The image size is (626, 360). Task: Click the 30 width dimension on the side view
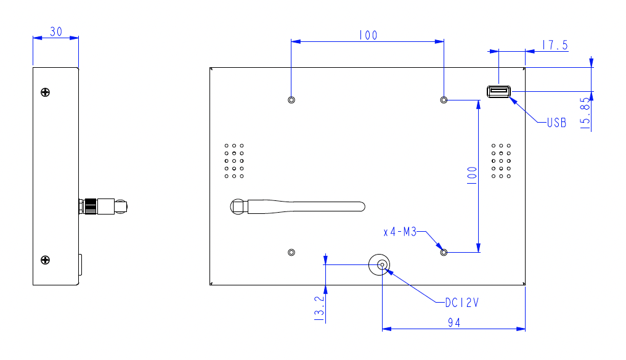point(56,31)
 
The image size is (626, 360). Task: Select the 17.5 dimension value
point(555,44)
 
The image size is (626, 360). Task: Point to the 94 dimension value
point(454,322)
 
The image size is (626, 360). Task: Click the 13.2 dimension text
point(319,306)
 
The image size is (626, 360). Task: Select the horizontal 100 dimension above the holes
point(367,36)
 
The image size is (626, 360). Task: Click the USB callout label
point(556,123)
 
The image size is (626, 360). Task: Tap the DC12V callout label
point(461,303)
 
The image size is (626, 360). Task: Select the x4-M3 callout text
point(400,232)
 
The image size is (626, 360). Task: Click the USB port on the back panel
point(498,92)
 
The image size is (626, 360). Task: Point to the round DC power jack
point(380,266)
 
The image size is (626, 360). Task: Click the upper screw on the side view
point(45,92)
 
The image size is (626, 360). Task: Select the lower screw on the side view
point(45,260)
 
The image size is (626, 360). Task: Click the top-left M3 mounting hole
point(291,100)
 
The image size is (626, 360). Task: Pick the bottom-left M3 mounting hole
point(291,252)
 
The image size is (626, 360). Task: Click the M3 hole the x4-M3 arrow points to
point(444,252)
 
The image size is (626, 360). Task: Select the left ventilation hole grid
point(234,162)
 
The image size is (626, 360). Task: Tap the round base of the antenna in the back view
point(238,207)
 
